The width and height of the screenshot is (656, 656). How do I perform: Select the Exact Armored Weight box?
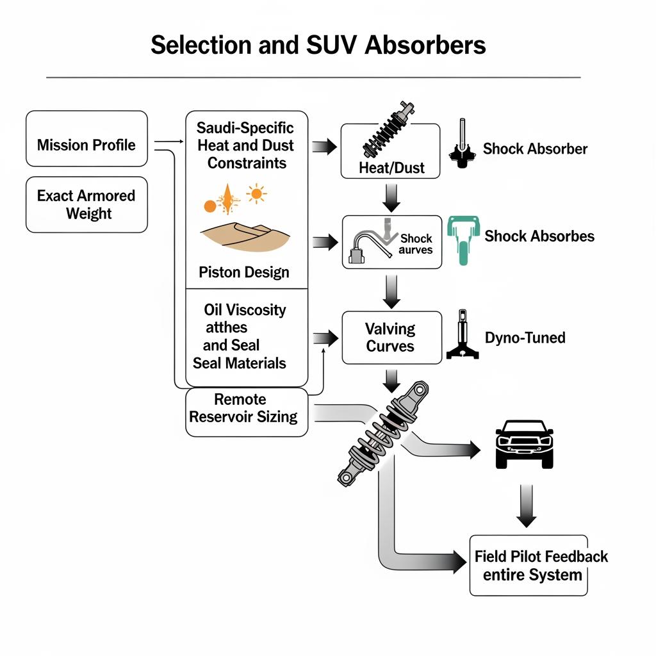click(x=86, y=204)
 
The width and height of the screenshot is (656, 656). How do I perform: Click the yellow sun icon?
click(x=256, y=193)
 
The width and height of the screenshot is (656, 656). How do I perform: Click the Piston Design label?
click(x=244, y=272)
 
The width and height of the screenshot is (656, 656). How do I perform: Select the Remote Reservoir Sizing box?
click(x=247, y=408)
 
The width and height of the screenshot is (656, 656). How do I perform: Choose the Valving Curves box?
click(x=391, y=338)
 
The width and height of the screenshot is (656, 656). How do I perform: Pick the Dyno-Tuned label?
click(x=525, y=337)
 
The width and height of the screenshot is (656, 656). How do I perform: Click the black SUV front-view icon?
click(x=524, y=443)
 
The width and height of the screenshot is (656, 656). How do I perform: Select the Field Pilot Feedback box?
click(x=529, y=565)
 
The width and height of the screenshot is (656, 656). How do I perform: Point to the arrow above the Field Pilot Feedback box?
click(x=526, y=505)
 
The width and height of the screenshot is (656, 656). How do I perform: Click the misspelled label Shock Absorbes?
click(x=539, y=236)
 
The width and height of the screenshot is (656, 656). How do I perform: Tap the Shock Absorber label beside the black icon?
click(x=535, y=149)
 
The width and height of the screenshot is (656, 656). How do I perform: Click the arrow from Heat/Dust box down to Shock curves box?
click(x=391, y=197)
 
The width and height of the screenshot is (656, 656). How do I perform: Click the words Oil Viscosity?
click(x=245, y=310)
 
